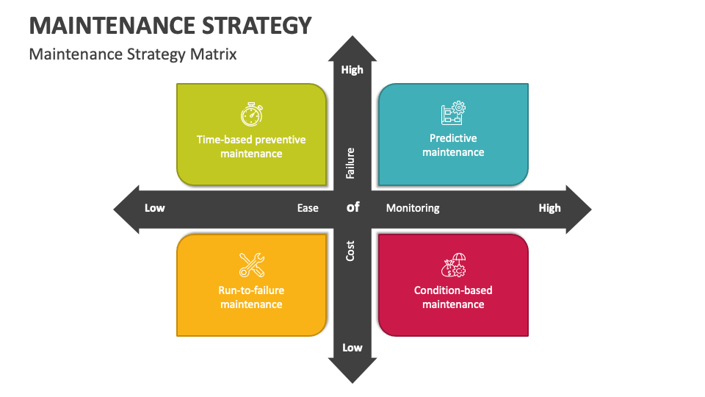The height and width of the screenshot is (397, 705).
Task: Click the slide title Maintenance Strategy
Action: [x=170, y=25]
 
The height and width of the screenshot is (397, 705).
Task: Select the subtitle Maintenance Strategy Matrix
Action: [x=133, y=54]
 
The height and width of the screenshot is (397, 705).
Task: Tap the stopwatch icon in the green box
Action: [x=251, y=114]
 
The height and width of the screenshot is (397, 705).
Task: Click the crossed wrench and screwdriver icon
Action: [x=251, y=265]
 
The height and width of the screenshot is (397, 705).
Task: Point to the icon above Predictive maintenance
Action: [x=453, y=112]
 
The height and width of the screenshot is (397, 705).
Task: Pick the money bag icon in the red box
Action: [x=453, y=265]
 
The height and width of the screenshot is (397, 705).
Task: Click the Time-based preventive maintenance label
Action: [x=251, y=146]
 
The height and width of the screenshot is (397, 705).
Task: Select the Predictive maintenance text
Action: [x=453, y=145]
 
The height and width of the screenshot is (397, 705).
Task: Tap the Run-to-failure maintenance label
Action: [x=251, y=297]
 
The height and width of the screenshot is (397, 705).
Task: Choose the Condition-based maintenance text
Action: [x=453, y=297]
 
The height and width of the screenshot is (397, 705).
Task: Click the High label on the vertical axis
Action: [x=352, y=70]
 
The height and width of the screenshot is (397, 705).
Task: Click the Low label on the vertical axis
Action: [x=352, y=348]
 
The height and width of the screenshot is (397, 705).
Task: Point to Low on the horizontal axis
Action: [x=155, y=208]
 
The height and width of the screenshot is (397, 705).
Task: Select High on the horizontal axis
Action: [x=549, y=208]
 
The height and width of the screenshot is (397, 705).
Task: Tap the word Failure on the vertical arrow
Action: [x=351, y=163]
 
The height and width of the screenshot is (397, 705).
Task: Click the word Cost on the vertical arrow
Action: [x=351, y=251]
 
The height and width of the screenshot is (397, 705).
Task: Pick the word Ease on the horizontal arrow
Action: [x=308, y=208]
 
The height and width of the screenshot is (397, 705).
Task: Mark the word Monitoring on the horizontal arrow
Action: [x=413, y=208]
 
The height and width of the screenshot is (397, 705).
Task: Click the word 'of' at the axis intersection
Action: [x=353, y=207]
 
